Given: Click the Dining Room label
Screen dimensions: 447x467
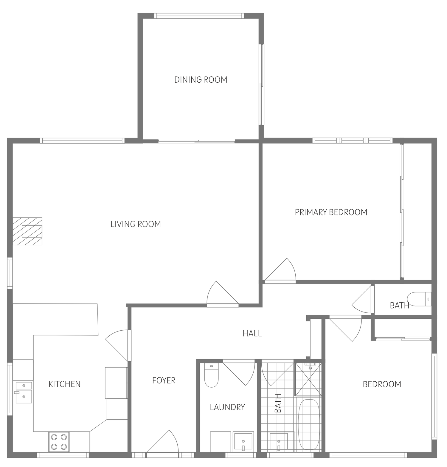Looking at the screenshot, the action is tap(201, 80).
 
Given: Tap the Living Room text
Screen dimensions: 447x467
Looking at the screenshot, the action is tap(136, 224).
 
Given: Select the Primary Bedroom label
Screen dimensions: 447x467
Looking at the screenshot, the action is tap(331, 212).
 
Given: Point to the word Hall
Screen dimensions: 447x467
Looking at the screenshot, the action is tap(252, 333).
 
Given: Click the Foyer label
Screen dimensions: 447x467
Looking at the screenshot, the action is tap(164, 380).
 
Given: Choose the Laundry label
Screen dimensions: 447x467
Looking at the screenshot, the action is tap(227, 407).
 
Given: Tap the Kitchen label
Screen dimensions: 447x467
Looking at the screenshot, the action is tap(64, 384).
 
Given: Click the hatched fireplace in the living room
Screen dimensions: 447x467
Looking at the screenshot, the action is tap(27, 231).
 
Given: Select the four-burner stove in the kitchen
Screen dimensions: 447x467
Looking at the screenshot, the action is tap(59, 442).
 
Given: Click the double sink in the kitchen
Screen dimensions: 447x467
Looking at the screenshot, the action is tap(24, 392).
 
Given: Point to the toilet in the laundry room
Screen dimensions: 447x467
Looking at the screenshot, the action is tap(211, 375).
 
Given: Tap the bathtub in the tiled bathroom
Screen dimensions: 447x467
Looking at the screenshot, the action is tap(309, 424).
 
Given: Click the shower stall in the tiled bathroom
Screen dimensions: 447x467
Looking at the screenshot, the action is tap(308, 379).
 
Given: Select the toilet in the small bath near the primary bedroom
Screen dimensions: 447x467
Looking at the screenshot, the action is tap(419, 299).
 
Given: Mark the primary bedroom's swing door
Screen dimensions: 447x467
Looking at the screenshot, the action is tap(280, 270).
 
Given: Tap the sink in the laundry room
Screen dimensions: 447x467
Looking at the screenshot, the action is tap(243, 442).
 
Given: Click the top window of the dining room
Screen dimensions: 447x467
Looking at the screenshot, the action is tap(199, 16).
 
